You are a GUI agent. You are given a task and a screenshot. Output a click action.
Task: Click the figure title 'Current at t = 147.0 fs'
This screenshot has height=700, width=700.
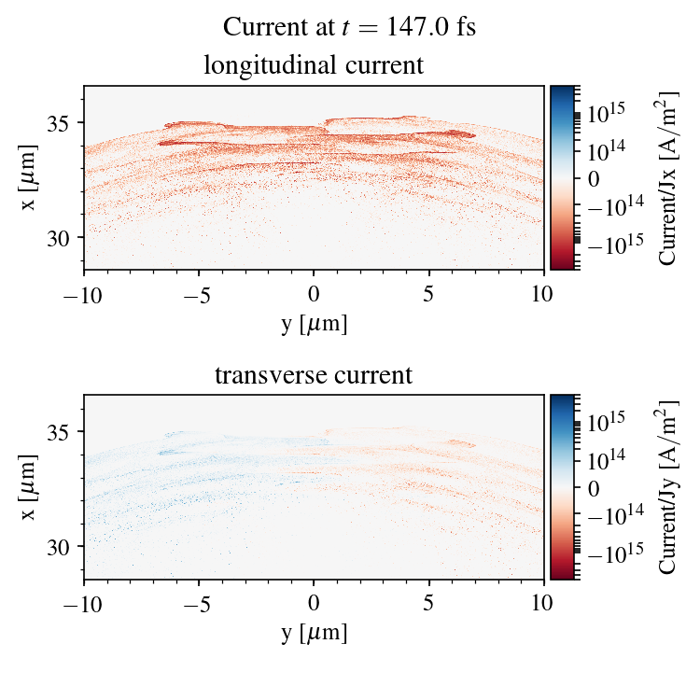[349, 27]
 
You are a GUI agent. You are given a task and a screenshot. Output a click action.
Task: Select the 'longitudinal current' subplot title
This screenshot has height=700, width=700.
[314, 66]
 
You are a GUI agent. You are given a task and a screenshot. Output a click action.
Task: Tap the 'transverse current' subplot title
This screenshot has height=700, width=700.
[314, 376]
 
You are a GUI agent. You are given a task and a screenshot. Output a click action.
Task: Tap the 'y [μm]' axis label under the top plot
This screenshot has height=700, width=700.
[315, 323]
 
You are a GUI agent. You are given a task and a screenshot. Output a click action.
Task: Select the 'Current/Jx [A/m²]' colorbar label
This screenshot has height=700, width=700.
[668, 177]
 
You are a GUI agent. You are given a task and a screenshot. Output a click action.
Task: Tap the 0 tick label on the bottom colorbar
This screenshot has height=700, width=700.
[592, 488]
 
